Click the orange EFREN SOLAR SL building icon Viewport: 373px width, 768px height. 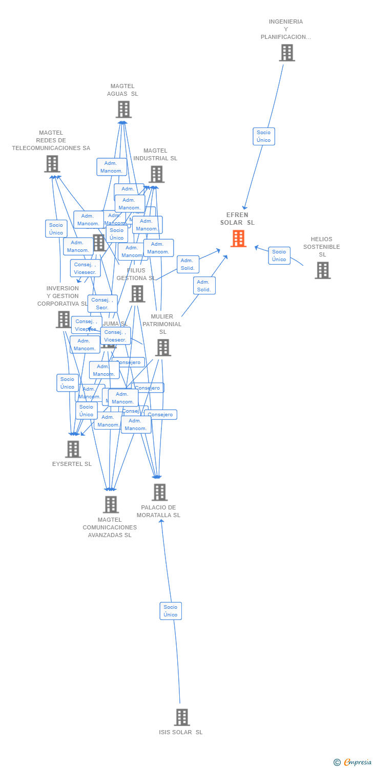[238, 239]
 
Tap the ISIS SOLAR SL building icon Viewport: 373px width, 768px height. [181, 717]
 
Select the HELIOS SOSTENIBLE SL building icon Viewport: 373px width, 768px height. [322, 270]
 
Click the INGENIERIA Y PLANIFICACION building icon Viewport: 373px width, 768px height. [286, 53]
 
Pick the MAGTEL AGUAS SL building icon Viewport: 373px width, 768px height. [123, 110]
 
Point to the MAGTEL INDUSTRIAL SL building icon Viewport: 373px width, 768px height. [156, 174]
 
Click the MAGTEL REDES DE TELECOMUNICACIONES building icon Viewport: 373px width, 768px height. [52, 164]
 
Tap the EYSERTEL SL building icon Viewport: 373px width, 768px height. [73, 449]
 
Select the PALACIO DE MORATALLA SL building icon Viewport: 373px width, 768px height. [159, 492]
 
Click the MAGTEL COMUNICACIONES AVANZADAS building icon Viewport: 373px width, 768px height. [110, 504]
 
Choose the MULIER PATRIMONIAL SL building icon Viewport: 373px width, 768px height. [162, 348]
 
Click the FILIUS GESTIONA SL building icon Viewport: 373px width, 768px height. [137, 294]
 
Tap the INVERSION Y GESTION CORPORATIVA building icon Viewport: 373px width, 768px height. [63, 319]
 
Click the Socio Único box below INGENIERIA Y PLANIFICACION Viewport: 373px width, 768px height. [264, 136]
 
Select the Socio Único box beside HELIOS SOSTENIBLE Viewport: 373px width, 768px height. [279, 255]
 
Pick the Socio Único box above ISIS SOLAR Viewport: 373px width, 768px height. [171, 611]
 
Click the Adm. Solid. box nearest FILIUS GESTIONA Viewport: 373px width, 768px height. [188, 264]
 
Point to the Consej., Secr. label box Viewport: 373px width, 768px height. [102, 304]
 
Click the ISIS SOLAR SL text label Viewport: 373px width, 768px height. [181, 732]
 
